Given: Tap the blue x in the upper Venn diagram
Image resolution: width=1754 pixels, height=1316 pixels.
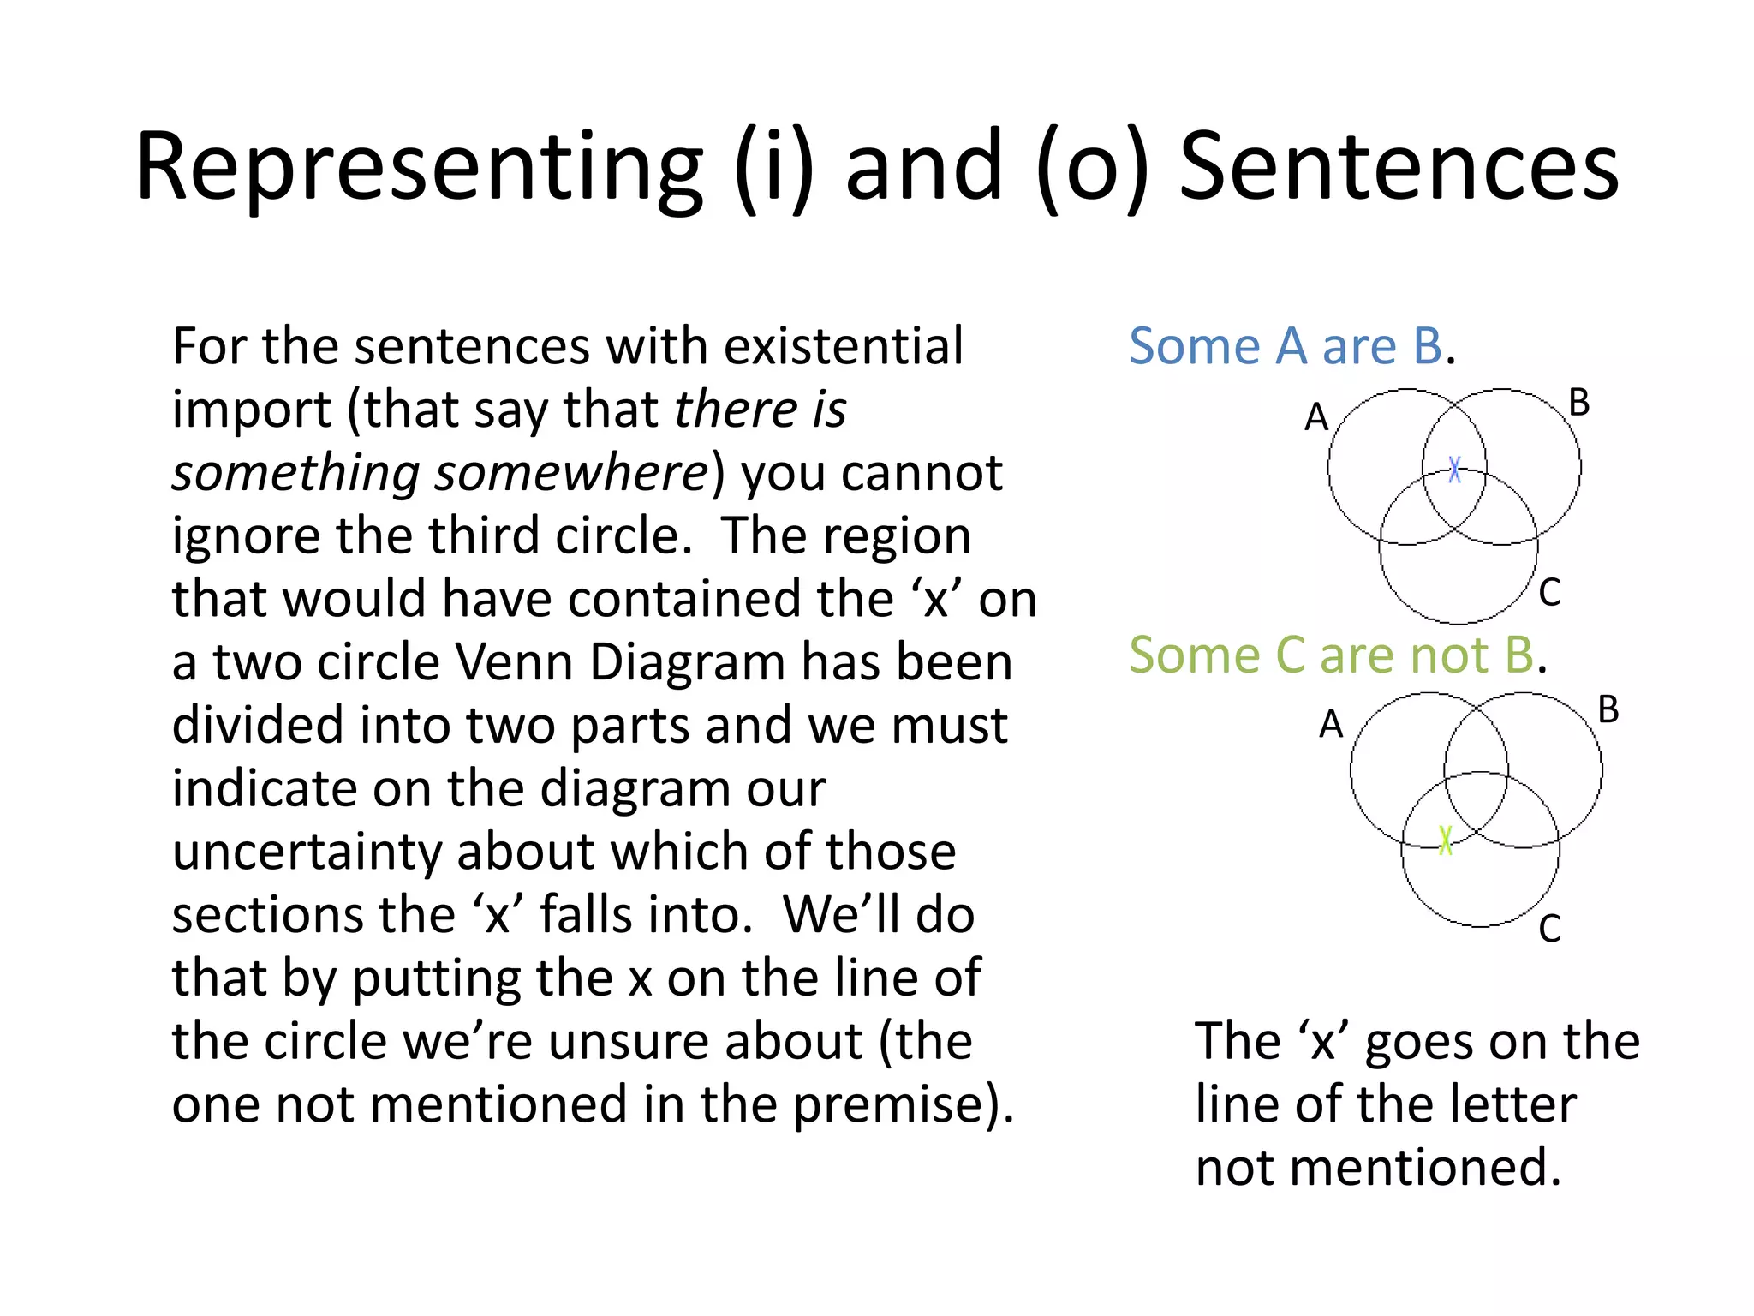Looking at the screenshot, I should [1454, 469].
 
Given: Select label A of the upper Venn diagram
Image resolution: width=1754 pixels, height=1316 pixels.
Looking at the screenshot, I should [1316, 418].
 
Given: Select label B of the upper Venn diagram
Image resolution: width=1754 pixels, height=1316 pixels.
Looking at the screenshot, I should [1579, 404].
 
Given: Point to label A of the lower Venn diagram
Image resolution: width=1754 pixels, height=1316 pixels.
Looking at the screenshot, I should [1331, 725].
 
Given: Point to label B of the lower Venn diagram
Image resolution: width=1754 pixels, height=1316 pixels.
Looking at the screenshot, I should [1608, 710].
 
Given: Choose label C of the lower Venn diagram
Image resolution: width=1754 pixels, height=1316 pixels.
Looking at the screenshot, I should [1549, 929].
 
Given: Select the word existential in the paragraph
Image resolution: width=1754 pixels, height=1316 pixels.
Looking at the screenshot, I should [843, 347].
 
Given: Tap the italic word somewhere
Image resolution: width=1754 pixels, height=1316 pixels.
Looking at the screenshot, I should [570, 473].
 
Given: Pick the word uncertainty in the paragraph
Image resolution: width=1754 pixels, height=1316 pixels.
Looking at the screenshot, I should [307, 852].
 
